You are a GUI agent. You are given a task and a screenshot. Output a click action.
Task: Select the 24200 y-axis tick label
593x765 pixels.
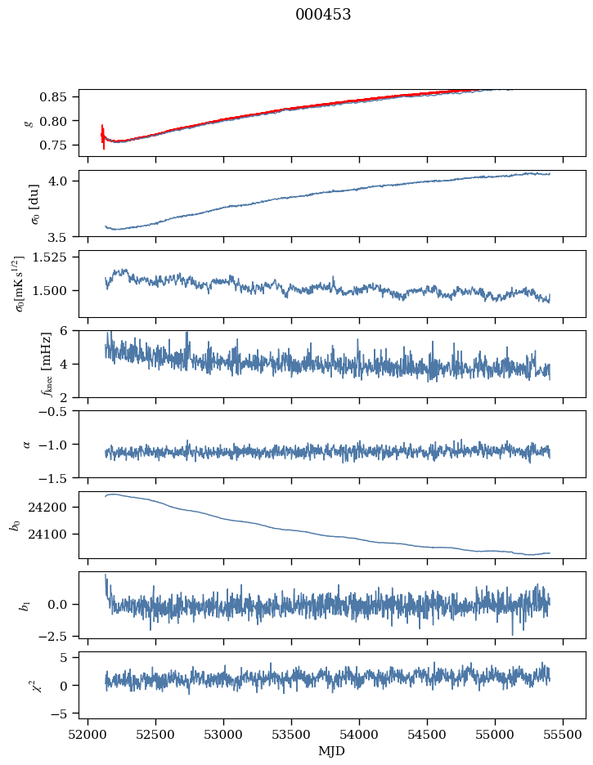point(51,508)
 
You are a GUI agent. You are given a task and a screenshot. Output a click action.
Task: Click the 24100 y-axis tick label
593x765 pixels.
point(51,535)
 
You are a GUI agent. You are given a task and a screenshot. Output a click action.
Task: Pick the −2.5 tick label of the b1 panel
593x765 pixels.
point(56,635)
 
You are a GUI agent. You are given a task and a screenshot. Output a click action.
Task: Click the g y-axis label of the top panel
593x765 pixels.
point(29,123)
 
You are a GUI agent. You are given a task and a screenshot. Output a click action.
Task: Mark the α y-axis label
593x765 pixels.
point(26,444)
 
